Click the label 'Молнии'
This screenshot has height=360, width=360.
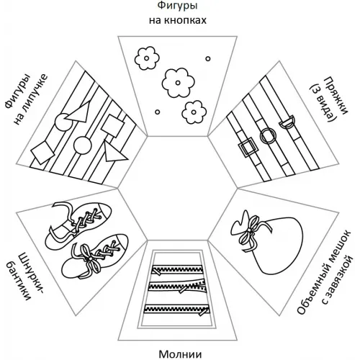coord(180,354)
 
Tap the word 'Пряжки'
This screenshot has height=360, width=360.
coord(336,96)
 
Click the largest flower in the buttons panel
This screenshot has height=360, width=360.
coord(178,83)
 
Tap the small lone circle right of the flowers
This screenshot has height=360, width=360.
coord(208,58)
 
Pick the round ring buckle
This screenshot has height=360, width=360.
coord(268,136)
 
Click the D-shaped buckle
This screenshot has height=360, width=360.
coord(287,122)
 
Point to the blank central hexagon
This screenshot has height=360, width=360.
coord(178,188)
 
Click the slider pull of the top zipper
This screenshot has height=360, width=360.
coord(156,271)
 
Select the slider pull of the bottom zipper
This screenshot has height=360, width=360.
coord(204,312)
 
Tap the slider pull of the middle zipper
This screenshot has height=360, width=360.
coord(184,289)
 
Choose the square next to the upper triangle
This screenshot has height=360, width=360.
coord(112,125)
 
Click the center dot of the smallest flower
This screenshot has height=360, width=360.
coord(194,112)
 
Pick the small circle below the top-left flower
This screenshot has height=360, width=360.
coord(158,112)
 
